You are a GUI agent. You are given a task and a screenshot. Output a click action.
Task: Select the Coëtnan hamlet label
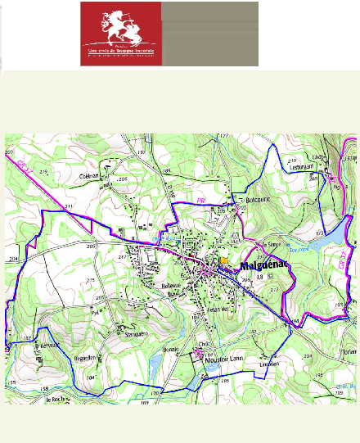(x=88, y=176)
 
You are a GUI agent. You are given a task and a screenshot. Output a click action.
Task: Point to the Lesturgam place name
(x=303, y=165)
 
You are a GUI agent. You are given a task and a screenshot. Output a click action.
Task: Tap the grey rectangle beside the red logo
(x=209, y=34)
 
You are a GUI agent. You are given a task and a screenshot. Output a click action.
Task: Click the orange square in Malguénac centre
(x=224, y=260)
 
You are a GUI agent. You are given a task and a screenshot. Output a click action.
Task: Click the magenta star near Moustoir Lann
(x=200, y=353)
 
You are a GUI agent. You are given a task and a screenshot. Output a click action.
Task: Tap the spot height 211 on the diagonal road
(x=70, y=206)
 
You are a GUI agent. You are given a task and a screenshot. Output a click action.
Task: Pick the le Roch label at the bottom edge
(x=56, y=399)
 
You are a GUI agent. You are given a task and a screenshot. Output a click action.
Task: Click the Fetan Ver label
(x=215, y=309)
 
